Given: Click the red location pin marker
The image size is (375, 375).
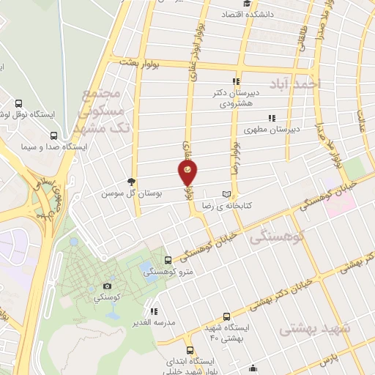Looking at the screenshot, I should pyautogui.click(x=188, y=172).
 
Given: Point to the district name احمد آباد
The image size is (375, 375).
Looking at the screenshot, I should pyautogui.click(x=295, y=82).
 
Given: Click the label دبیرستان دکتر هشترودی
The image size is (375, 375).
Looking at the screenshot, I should pyautogui.click(x=236, y=98).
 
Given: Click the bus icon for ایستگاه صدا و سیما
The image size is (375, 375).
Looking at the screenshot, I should pyautogui.click(x=53, y=136).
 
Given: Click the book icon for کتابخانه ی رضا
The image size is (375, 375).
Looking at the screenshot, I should pyautogui.click(x=226, y=194).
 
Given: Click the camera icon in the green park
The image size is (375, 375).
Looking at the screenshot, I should pyautogui.click(x=108, y=286).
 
